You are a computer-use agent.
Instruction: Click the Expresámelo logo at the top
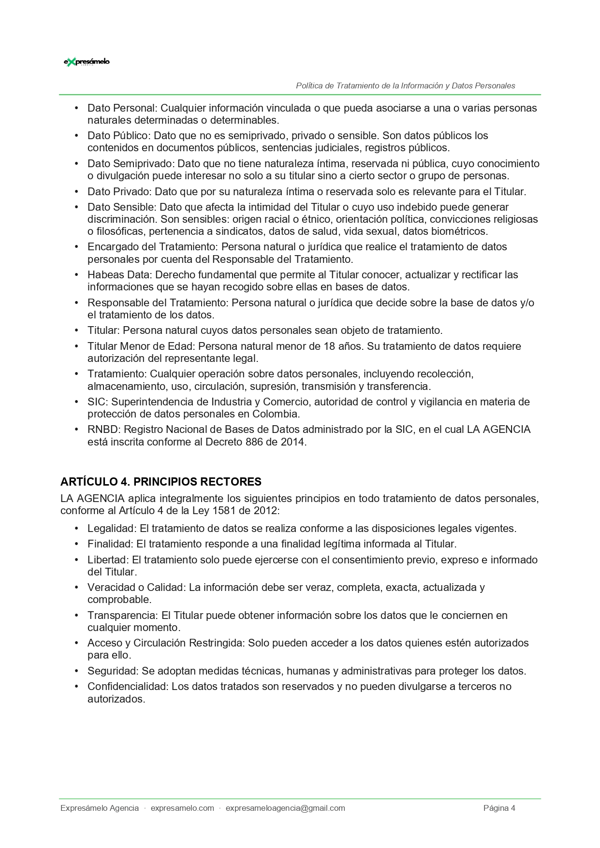[87, 62]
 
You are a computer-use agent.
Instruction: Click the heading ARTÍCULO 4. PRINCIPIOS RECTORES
[161, 482]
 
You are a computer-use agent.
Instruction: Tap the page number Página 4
[499, 808]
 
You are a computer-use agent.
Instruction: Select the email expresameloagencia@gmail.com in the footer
[285, 808]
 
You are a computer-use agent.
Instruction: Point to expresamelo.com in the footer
[182, 808]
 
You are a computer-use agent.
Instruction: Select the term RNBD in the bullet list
[104, 430]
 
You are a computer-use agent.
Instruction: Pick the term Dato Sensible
[121, 207]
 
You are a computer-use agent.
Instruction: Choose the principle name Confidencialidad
[128, 687]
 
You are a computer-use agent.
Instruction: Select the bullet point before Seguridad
[76, 671]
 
